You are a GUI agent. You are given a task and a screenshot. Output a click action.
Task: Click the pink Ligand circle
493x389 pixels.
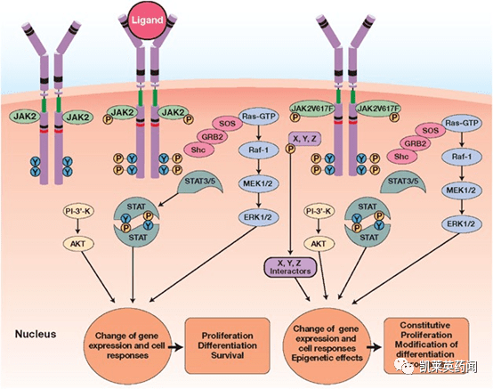click(147, 20)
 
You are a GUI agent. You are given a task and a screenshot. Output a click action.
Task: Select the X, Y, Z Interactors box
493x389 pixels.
click(290, 267)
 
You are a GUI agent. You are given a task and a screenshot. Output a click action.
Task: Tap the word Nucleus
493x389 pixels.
click(36, 334)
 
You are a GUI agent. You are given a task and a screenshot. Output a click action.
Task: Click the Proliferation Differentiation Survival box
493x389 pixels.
click(227, 345)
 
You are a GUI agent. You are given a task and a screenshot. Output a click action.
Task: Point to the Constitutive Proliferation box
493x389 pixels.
click(426, 345)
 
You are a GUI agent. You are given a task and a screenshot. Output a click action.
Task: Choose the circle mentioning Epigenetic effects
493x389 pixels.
click(327, 343)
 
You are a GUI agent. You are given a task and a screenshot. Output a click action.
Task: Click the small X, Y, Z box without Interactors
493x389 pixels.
click(304, 139)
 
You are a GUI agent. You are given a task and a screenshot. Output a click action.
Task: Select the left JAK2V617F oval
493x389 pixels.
click(311, 109)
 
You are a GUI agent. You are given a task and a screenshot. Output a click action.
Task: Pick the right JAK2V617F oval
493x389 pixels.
click(378, 109)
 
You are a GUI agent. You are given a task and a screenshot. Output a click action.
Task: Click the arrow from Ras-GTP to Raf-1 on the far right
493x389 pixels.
click(461, 138)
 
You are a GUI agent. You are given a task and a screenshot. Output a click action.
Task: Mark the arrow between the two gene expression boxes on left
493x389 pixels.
click(176, 347)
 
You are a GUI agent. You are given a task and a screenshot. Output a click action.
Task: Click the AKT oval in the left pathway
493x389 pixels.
click(77, 244)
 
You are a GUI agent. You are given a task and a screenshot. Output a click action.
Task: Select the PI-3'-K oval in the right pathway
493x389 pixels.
click(319, 211)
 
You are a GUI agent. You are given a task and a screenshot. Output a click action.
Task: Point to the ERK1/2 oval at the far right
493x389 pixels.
click(461, 223)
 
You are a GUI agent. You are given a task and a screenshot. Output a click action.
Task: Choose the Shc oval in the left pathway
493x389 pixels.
click(198, 150)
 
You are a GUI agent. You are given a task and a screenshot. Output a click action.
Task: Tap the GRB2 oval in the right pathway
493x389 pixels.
click(415, 143)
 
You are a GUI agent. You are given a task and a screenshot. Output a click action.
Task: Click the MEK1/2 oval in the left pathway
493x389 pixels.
click(258, 183)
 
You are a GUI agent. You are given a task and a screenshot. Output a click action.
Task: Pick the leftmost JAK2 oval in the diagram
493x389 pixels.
click(26, 117)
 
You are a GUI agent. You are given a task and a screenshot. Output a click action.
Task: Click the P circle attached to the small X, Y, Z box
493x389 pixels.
click(290, 148)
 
